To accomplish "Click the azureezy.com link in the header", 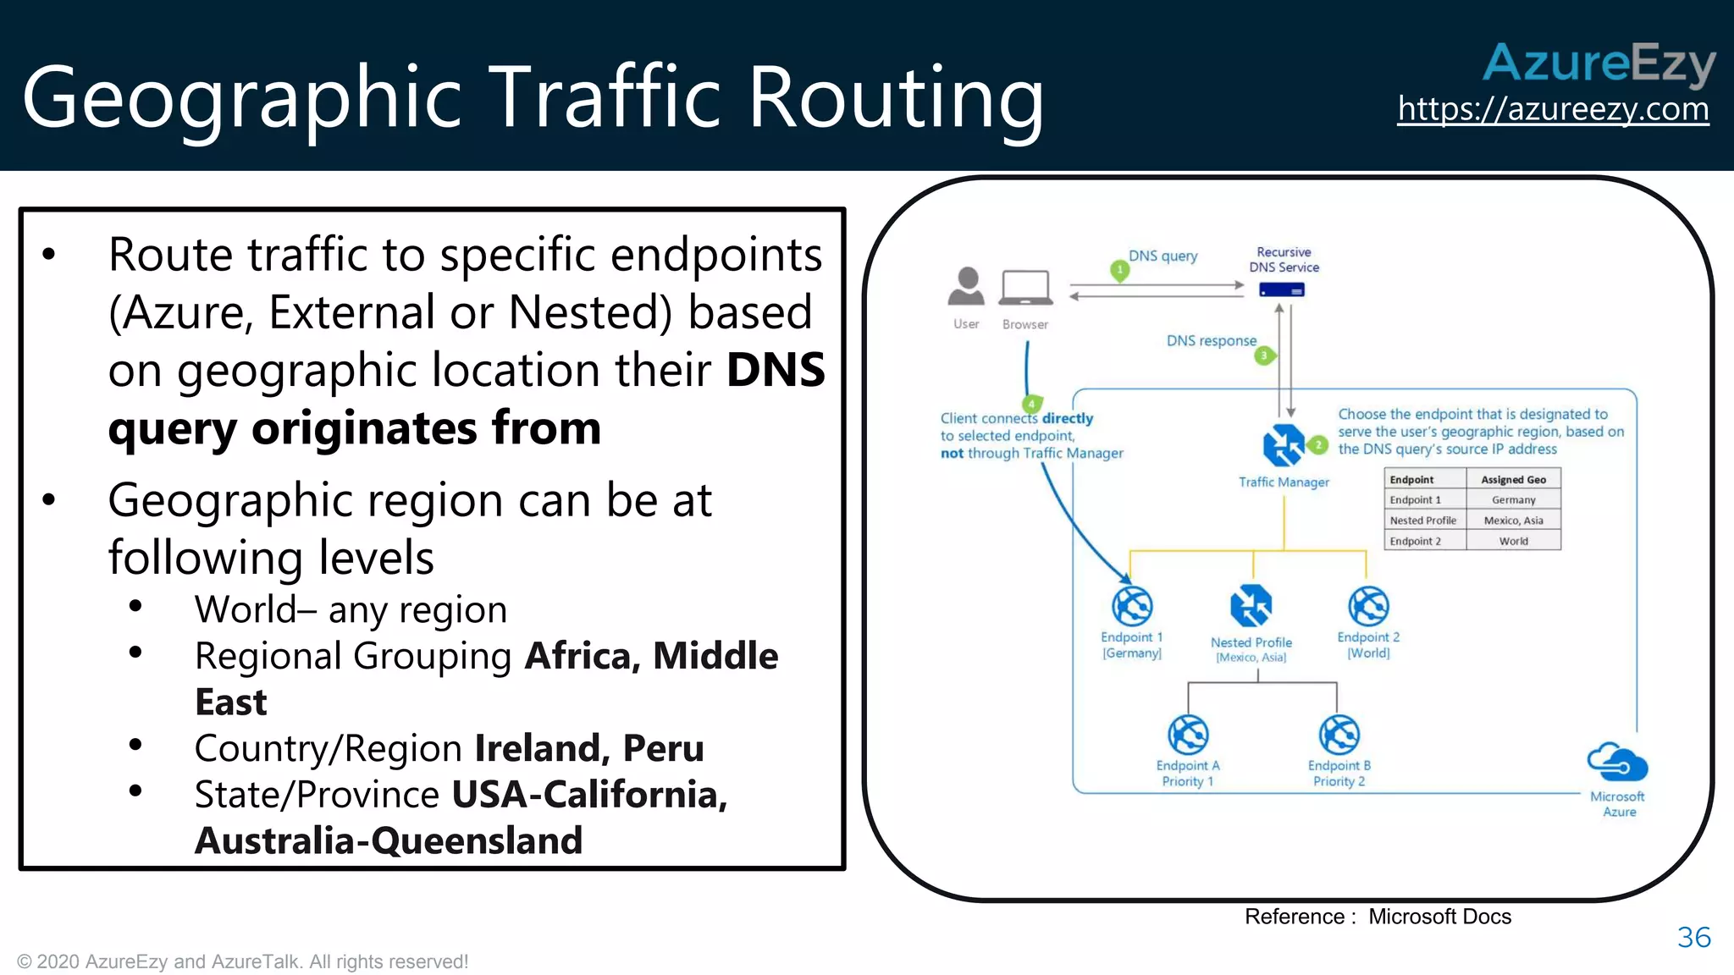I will coord(1553,109).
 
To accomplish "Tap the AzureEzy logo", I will coord(1599,63).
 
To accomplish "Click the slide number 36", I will coord(1693,937).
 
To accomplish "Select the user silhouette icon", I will coord(966,286).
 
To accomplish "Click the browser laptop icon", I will coord(1026,288).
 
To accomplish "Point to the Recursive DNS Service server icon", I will coord(1282,290).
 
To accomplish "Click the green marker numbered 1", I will coord(1120,271).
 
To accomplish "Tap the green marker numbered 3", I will coord(1264,355).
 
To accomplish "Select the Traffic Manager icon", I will coord(1284,445).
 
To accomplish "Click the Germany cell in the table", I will coord(1513,500).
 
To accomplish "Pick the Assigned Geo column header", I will coord(1513,480).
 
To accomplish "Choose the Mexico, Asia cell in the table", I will coord(1513,521).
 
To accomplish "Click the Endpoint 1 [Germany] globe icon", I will coord(1132,606).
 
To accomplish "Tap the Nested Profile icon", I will coord(1251,606).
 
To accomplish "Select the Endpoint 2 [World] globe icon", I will coord(1368,606).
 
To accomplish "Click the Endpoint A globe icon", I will coord(1188,735).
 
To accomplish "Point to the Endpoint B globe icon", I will coord(1339,735).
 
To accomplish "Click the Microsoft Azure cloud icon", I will coord(1617,763).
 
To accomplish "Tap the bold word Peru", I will coord(663,748).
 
